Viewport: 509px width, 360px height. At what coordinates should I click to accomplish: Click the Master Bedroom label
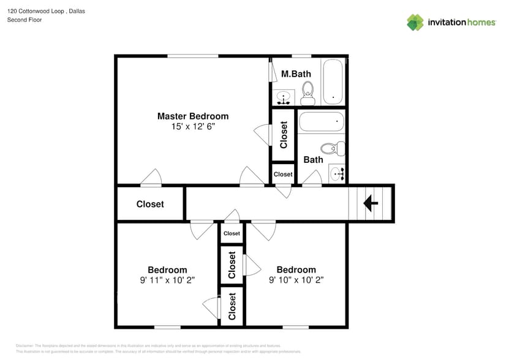192,116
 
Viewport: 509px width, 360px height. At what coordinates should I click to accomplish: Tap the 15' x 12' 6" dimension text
193,127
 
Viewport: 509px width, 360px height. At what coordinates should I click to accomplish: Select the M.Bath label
296,74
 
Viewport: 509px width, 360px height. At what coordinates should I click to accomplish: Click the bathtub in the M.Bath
333,83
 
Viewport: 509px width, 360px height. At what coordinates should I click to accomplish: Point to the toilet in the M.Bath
307,93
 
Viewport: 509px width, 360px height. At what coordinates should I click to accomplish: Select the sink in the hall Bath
337,174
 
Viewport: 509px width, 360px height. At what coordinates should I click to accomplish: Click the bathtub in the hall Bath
322,122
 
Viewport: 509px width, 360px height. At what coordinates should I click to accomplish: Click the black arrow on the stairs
371,203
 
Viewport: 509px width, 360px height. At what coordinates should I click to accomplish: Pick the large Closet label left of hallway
150,204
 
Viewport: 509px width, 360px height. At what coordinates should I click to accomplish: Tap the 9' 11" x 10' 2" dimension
167,280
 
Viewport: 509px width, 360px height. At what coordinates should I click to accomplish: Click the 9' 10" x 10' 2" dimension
296,280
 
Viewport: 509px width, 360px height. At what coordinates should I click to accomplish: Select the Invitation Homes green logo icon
415,22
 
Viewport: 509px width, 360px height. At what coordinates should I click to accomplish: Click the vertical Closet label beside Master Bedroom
284,135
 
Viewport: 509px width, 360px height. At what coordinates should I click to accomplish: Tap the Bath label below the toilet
313,160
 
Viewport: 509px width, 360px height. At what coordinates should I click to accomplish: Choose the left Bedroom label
167,270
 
